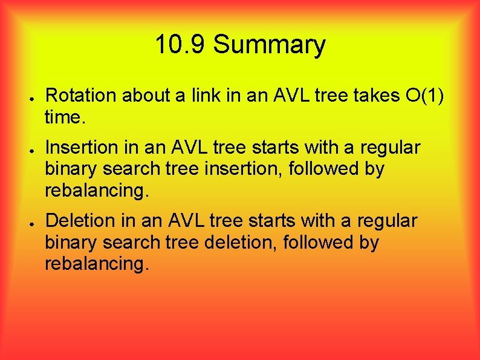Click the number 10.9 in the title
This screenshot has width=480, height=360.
tap(180, 45)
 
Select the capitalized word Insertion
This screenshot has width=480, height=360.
tap(83, 148)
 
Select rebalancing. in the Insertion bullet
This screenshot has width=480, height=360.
tap(96, 191)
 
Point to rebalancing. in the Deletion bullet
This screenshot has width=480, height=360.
tap(96, 264)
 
